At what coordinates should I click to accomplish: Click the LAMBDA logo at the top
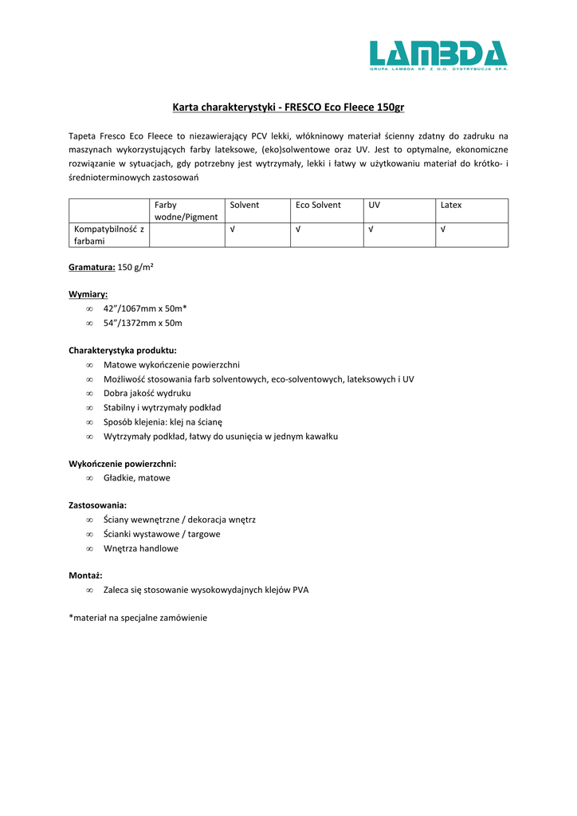438,56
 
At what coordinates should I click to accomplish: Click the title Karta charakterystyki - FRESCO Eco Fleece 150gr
288,107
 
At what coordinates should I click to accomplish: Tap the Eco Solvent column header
318,205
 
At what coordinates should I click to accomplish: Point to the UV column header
374,205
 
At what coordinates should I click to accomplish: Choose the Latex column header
451,205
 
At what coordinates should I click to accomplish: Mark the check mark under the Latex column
443,229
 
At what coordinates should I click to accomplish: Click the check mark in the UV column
371,229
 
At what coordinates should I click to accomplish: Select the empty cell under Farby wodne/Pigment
186,235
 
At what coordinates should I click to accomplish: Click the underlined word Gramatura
92,268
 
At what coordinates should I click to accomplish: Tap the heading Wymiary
88,294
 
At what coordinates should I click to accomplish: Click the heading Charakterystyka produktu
123,350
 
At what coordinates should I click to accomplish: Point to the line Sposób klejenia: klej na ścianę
163,422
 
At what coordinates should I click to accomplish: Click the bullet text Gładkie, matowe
136,477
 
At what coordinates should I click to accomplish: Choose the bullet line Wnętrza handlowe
141,548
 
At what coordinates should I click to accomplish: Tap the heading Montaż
85,575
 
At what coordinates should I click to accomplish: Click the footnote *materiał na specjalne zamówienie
138,617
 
